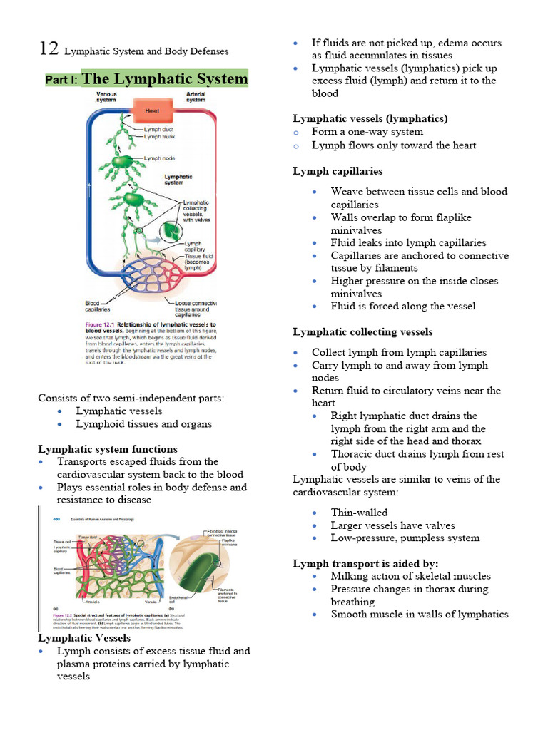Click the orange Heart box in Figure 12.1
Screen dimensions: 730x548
(x=151, y=111)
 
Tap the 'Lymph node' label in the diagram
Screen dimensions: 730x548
(x=161, y=158)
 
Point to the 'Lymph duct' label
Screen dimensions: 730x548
(x=159, y=129)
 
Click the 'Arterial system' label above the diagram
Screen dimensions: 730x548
(x=196, y=97)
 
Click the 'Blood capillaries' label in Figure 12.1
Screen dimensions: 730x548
(x=98, y=306)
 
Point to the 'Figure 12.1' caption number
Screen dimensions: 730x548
(x=102, y=324)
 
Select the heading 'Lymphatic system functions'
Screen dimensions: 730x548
(x=108, y=449)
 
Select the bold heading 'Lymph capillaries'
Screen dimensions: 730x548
(x=338, y=171)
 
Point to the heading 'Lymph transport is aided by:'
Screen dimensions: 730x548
(x=365, y=563)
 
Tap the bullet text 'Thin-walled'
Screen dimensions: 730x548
(x=359, y=513)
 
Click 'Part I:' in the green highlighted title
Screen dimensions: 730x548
(x=63, y=80)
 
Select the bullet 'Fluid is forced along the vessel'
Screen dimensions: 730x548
(x=403, y=307)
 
